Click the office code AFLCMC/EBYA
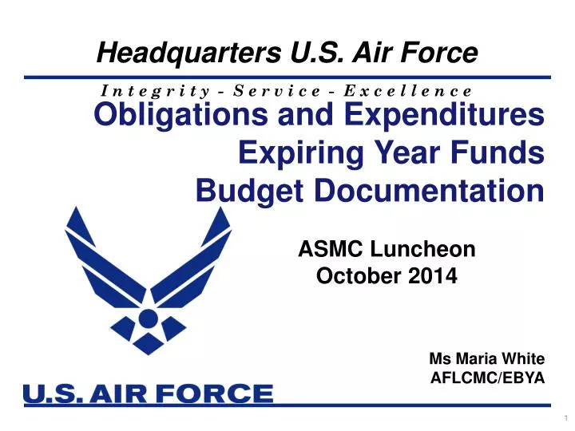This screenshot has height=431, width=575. tap(487, 379)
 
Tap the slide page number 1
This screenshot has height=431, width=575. tap(565, 420)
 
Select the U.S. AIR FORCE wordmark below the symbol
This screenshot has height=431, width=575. tap(149, 394)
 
